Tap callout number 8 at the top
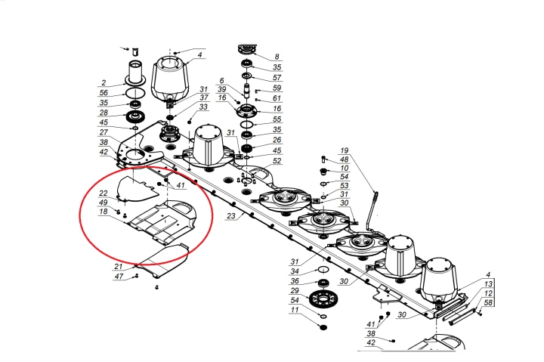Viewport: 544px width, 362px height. (x=277, y=57)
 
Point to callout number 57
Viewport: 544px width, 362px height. (x=277, y=78)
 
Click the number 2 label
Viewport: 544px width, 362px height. (x=104, y=82)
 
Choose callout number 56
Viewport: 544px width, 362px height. (x=104, y=93)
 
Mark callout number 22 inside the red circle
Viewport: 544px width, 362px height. (x=104, y=193)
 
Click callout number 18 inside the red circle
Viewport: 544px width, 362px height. (x=104, y=214)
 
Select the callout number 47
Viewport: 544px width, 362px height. (x=119, y=277)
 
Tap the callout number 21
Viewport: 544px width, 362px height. (x=119, y=267)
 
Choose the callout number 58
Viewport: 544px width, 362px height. (x=489, y=302)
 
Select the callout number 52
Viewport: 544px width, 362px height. (x=277, y=161)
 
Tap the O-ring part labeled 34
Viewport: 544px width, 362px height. (x=322, y=270)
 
